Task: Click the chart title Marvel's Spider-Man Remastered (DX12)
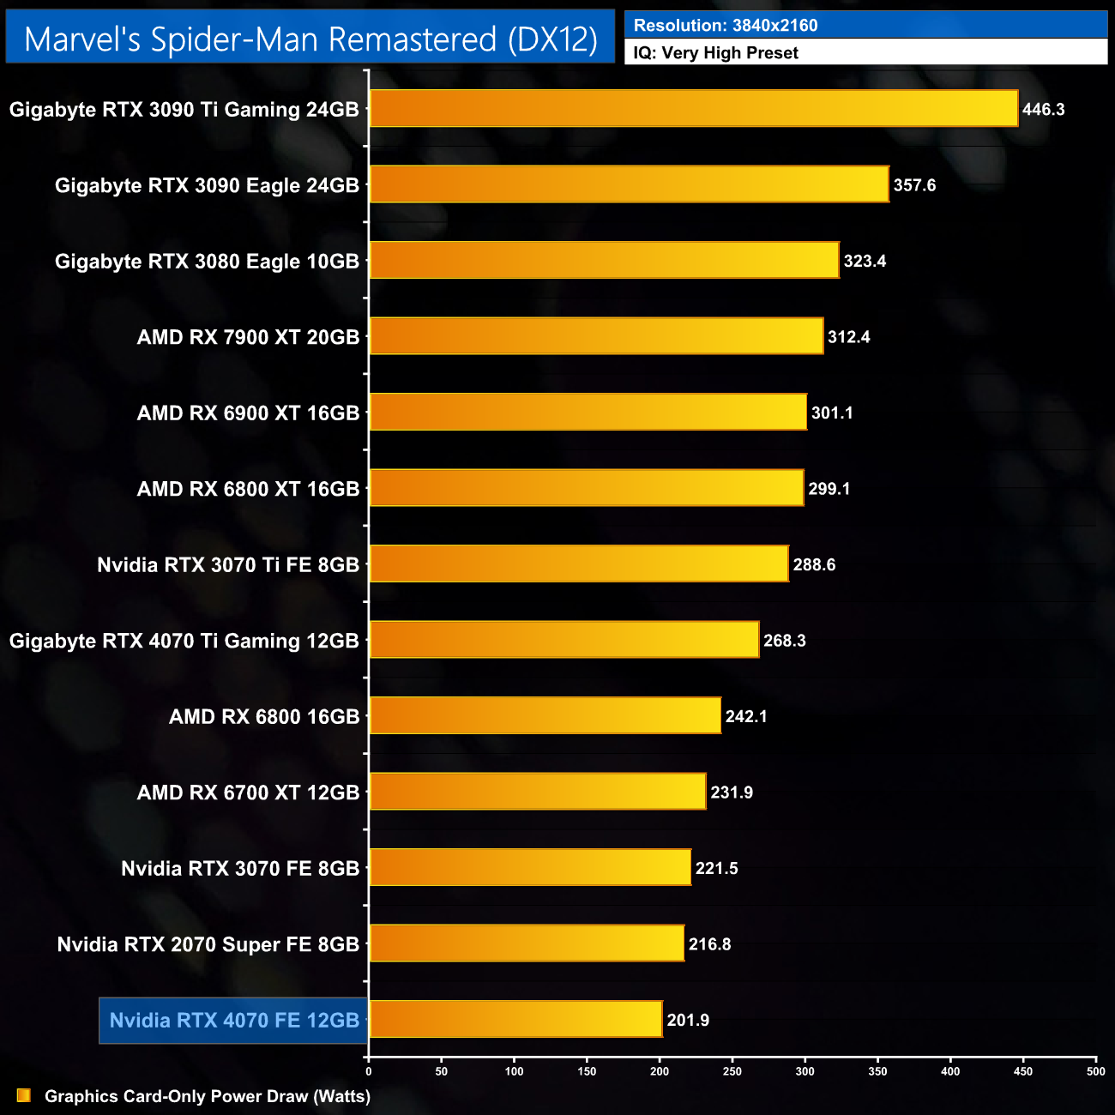[310, 39]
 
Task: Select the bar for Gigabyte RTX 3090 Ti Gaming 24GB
[693, 109]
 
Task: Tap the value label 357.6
[914, 185]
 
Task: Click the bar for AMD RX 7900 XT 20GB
[596, 336]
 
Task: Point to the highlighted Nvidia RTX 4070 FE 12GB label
[234, 1021]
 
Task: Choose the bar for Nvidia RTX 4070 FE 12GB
[515, 1019]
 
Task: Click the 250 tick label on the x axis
[732, 1071]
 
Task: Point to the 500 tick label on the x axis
[1095, 1071]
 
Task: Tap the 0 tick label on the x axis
[369, 1071]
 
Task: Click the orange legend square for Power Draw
[24, 1096]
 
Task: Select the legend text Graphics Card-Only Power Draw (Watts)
[208, 1096]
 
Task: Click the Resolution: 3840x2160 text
[726, 26]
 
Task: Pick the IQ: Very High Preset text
[715, 53]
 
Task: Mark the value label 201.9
[688, 1020]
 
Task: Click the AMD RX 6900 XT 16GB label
[248, 413]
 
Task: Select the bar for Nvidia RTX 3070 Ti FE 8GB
[579, 564]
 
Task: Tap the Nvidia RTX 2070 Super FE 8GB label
[208, 944]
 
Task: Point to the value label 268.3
[785, 641]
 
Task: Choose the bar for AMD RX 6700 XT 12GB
[538, 792]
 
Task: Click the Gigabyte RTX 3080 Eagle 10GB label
[207, 262]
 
